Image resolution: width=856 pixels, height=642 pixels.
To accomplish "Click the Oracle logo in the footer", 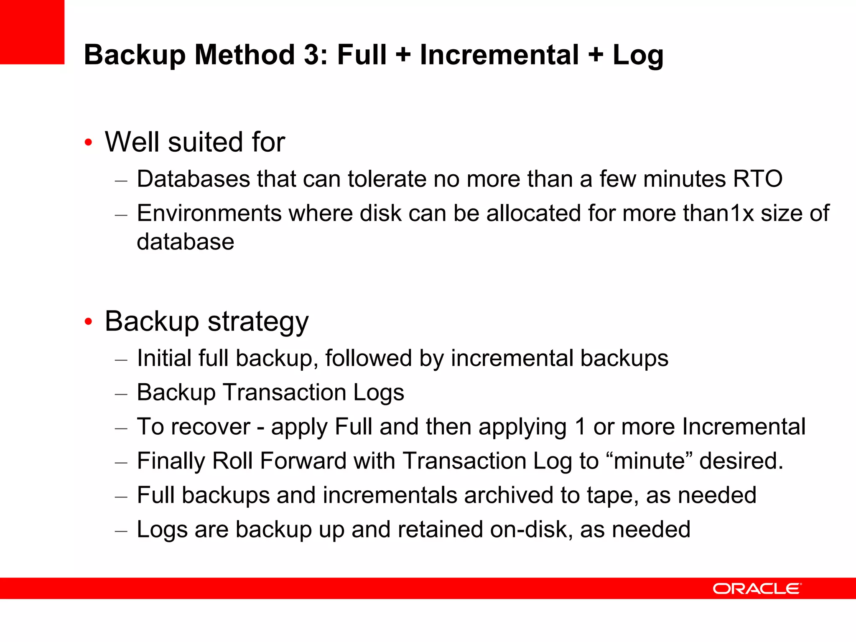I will pyautogui.click(x=757, y=588).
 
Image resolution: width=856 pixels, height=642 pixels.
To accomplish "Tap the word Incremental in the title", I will pyautogui.click(x=499, y=55).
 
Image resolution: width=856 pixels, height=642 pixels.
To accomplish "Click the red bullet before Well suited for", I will pyautogui.click(x=88, y=143).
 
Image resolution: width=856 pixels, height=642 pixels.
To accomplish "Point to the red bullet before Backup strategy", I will pyautogui.click(x=88, y=322).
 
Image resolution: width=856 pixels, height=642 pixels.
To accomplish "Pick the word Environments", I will pyautogui.click(x=209, y=213).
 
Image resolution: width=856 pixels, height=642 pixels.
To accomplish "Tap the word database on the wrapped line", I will pyautogui.click(x=186, y=242).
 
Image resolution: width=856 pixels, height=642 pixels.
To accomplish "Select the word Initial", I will pyautogui.click(x=164, y=358).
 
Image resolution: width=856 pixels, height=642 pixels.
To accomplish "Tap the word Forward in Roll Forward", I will pyautogui.click(x=303, y=461).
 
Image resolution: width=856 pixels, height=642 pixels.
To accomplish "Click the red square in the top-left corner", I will pyautogui.click(x=32, y=32).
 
